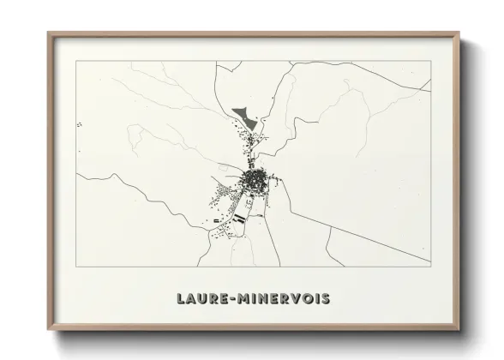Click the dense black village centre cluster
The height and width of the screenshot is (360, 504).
coord(255,180)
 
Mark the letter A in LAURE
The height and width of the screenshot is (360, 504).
coord(191,299)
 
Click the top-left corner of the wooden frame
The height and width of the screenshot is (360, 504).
coord(48,33)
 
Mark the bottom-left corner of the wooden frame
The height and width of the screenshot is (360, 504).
coord(48,333)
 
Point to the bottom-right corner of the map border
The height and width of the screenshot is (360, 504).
coord(430,267)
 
